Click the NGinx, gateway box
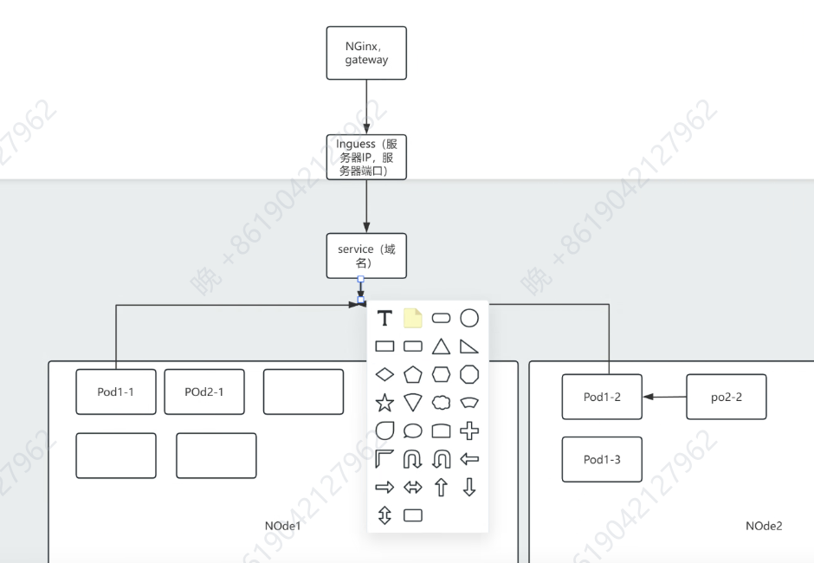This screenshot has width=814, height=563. tap(366, 53)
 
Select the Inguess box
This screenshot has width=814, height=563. tap(366, 157)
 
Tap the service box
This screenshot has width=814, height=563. tap(366, 256)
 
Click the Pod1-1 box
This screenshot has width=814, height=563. tap(116, 392)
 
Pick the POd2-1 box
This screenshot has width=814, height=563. tap(204, 392)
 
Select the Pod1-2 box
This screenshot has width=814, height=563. tap(602, 397)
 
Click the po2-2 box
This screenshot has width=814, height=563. tap(727, 397)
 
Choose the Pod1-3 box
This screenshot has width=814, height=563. tap(602, 459)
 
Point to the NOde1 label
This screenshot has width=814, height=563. tap(282, 526)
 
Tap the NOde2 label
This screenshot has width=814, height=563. tap(764, 526)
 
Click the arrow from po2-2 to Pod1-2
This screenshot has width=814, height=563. tap(664, 398)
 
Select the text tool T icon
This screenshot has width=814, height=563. tap(385, 318)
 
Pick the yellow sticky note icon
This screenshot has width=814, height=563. tap(413, 318)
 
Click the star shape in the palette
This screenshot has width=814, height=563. tap(385, 402)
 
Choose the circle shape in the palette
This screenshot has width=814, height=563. tap(468, 318)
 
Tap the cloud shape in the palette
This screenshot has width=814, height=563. tap(441, 402)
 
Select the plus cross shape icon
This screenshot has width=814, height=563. tap(468, 430)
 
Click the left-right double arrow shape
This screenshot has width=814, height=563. tap(413, 487)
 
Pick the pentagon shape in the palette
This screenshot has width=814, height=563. tap(413, 374)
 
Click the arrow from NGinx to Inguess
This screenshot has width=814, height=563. tap(366, 107)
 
